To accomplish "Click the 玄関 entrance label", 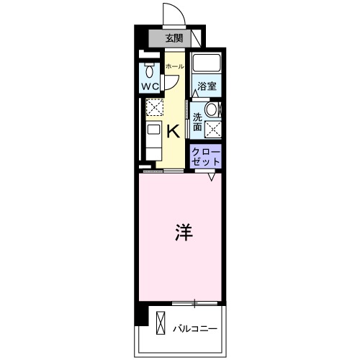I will (x=173, y=38).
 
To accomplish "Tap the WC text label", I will (x=149, y=87).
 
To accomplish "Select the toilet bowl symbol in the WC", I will (x=149, y=71).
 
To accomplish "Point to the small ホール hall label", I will (x=174, y=67).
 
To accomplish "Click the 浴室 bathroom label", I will (x=207, y=86).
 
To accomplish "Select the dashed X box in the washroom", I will (x=213, y=129).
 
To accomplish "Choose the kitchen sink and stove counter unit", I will (x=153, y=139).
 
